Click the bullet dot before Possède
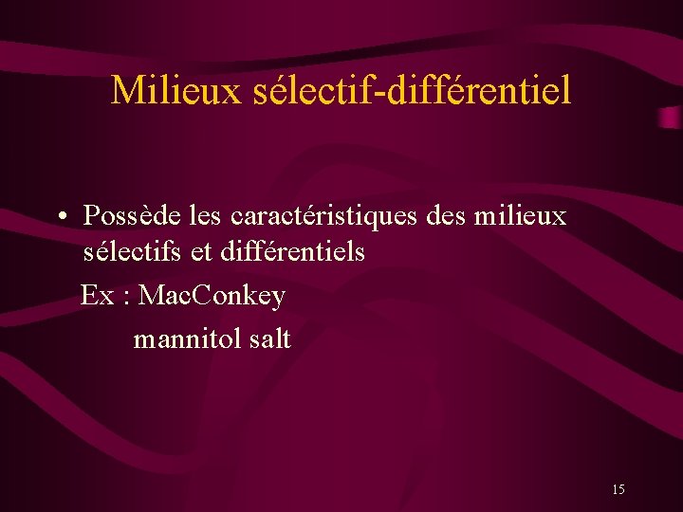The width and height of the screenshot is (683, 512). coord(60,217)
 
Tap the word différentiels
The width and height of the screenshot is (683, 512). coord(291,252)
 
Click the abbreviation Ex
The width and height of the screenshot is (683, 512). coord(97,296)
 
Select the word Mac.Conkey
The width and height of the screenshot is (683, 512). coord(212,296)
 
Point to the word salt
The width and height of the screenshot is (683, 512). coord(270,338)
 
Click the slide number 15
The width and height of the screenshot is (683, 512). coord(618,489)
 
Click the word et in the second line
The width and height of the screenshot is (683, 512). coord(200,252)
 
